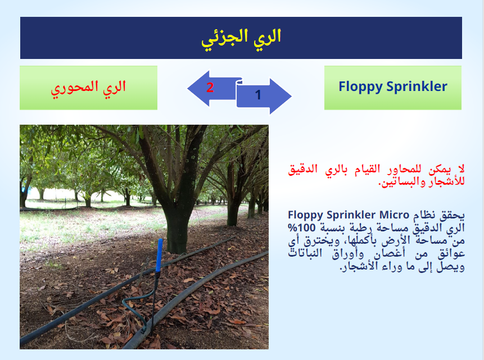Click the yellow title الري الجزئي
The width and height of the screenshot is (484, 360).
click(241, 39)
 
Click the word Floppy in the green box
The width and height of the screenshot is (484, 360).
click(360, 87)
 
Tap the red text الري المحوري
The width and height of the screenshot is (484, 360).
click(88, 88)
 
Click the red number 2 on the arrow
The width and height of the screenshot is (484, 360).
click(210, 87)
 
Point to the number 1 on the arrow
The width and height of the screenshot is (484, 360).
click(259, 95)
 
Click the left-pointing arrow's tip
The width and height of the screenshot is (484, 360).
click(188, 89)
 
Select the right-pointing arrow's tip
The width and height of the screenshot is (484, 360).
click(291, 96)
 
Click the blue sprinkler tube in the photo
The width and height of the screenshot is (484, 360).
click(159, 255)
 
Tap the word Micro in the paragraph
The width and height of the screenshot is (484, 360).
click(394, 215)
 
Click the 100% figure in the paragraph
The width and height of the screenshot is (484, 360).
click(301, 228)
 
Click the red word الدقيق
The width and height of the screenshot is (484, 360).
click(302, 169)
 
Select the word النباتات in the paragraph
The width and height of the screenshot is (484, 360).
click(305, 254)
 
